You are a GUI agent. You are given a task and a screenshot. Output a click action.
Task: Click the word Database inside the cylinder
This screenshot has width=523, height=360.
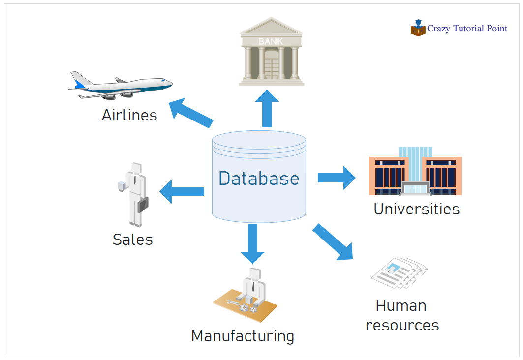tap(259, 178)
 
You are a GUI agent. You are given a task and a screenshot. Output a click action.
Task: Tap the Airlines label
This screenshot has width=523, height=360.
tap(129, 115)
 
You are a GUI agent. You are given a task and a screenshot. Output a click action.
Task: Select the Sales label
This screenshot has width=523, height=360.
tap(132, 240)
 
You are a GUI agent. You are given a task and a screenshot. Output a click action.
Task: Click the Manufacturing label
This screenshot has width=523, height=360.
tap(243, 336)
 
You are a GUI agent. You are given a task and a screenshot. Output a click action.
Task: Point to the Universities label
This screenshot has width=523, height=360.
tap(416, 209)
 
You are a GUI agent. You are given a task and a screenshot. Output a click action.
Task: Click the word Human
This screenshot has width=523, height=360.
tap(401, 305)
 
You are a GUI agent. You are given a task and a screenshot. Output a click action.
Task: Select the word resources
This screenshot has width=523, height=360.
tap(402, 325)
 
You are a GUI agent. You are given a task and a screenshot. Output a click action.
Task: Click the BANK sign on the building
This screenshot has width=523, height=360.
tap(271, 42)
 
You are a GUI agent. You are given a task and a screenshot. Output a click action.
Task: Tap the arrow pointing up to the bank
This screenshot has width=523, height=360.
tap(267, 109)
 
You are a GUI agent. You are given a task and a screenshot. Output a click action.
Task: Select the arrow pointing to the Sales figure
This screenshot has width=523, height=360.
tap(182, 191)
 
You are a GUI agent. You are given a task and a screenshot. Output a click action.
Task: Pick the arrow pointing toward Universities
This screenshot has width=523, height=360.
tap(337, 178)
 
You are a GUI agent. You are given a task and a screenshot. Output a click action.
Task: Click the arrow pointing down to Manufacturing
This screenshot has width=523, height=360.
tap(252, 243)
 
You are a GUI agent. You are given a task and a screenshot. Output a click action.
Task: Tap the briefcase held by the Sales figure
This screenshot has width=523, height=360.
tap(143, 204)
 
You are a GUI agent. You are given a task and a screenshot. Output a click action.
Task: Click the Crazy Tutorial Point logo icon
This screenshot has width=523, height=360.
tap(418, 28)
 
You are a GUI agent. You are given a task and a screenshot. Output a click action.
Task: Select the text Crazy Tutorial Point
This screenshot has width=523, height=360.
tap(467, 29)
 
